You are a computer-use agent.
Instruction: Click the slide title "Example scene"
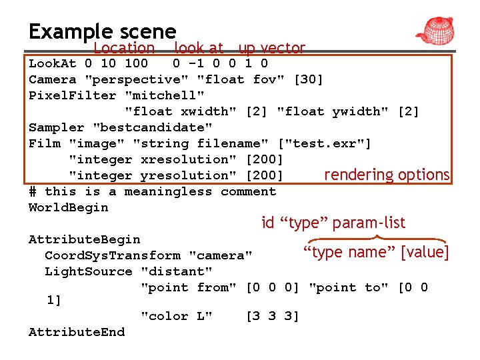pos(102,31)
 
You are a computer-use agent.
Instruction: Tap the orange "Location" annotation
pos(124,48)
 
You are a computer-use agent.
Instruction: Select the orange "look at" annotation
pos(199,48)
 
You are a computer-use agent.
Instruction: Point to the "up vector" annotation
pos(271,48)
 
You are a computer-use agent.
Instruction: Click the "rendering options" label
pos(387,175)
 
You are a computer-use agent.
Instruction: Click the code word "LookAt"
pos(53,64)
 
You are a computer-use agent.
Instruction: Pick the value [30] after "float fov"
pos(308,80)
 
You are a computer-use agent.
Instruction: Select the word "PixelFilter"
pos(73,96)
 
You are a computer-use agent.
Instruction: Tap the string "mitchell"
pos(165,96)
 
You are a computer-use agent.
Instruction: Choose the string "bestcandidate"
pos(153,127)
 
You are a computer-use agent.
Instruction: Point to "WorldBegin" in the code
pos(68,207)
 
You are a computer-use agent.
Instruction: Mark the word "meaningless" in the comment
pos(168,191)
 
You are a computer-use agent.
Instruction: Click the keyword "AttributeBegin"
pos(85,239)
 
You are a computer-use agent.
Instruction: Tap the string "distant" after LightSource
pos(177,271)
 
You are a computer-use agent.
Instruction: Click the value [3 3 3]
pos(273,316)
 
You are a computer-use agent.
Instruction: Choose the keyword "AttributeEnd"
pos(77,332)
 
